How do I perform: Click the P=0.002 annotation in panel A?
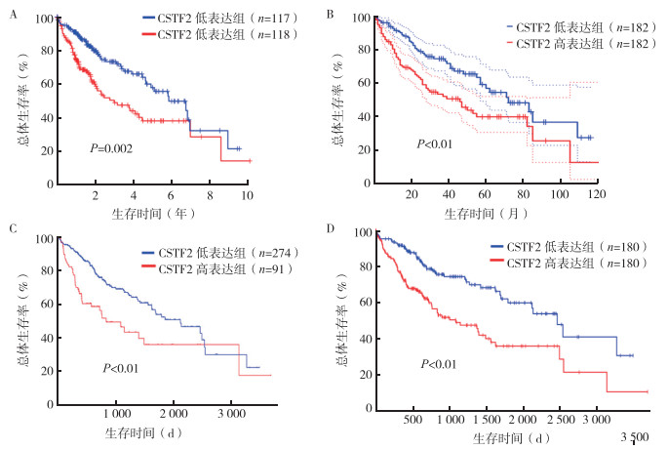tap(111, 148)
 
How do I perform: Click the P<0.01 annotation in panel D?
tap(439, 364)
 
